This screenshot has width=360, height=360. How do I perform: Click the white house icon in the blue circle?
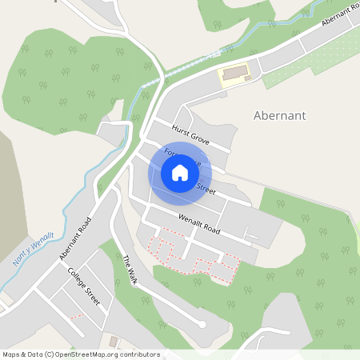point(180,173)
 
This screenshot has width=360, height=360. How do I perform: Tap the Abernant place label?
point(279,115)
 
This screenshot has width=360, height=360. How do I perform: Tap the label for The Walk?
point(130,271)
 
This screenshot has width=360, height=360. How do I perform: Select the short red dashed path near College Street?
point(78,315)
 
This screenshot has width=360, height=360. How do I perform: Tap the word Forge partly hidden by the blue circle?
point(171,152)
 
